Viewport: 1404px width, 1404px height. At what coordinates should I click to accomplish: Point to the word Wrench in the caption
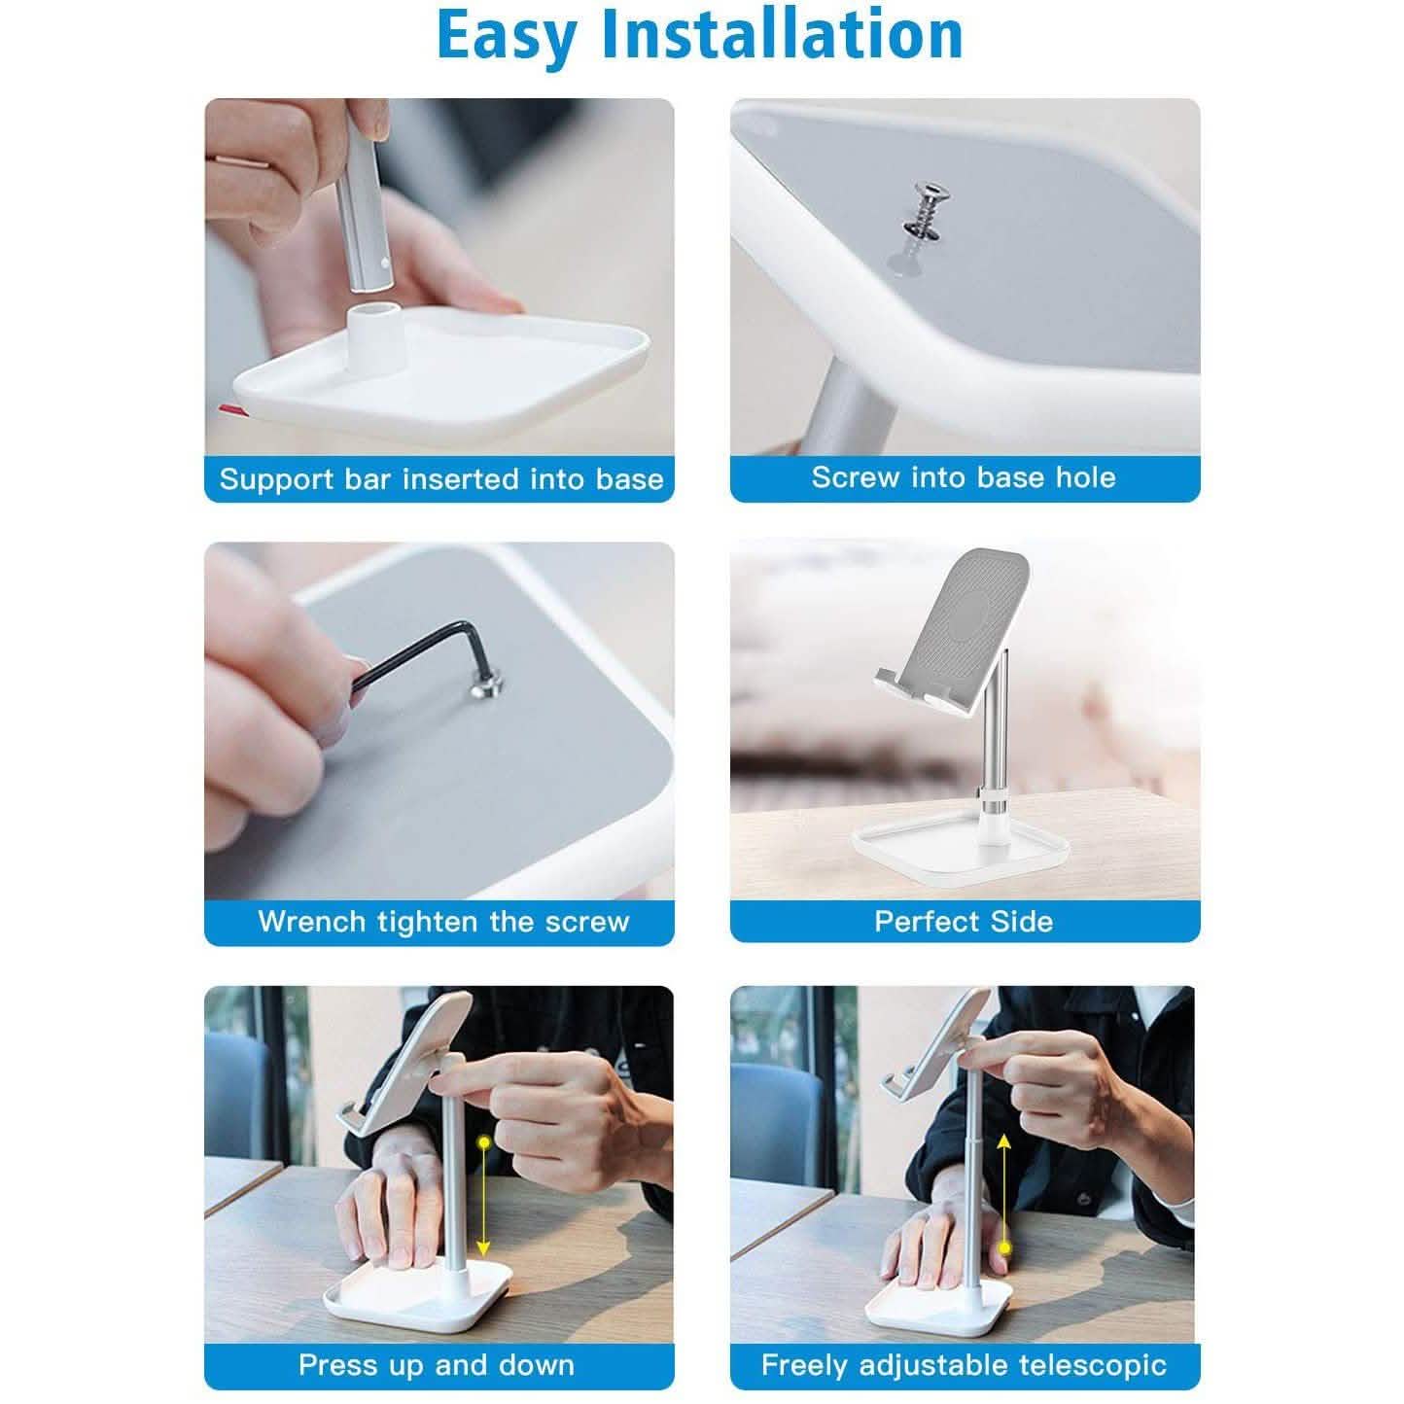tap(312, 922)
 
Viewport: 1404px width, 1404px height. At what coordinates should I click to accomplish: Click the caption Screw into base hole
tap(964, 477)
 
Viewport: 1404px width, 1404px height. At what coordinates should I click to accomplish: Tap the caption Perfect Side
tap(964, 922)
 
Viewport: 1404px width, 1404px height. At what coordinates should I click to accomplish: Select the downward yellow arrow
tap(483, 1200)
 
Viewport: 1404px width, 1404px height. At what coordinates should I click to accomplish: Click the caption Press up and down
tap(437, 1365)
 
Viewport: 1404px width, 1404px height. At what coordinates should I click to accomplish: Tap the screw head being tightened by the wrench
tap(484, 686)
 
